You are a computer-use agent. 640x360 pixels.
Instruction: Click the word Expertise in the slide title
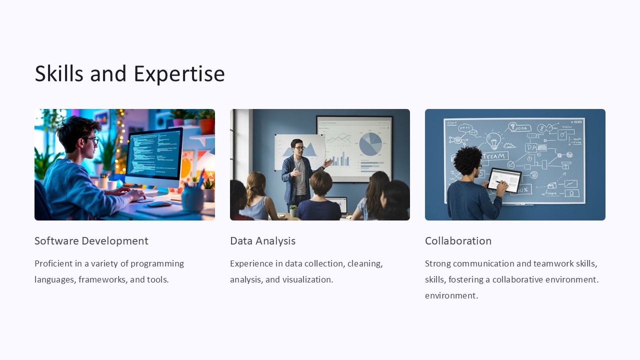point(179,74)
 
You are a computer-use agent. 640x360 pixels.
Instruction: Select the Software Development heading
point(91,241)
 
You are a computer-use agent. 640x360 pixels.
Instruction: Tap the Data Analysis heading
point(262,241)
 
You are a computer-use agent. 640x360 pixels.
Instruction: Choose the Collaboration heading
point(458,241)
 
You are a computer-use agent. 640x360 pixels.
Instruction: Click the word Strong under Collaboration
point(438,263)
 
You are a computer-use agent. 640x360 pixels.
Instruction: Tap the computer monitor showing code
point(153,155)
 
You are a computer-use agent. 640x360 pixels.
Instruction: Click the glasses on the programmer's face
point(91,140)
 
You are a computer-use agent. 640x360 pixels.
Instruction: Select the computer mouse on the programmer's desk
point(159,204)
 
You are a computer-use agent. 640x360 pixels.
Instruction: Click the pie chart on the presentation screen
point(370,144)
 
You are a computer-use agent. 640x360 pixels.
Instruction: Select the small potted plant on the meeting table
point(293,210)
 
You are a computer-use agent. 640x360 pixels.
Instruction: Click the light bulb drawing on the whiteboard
point(493,140)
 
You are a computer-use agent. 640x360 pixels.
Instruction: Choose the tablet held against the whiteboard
point(504,180)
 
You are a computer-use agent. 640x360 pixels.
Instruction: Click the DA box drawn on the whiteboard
point(530,148)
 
